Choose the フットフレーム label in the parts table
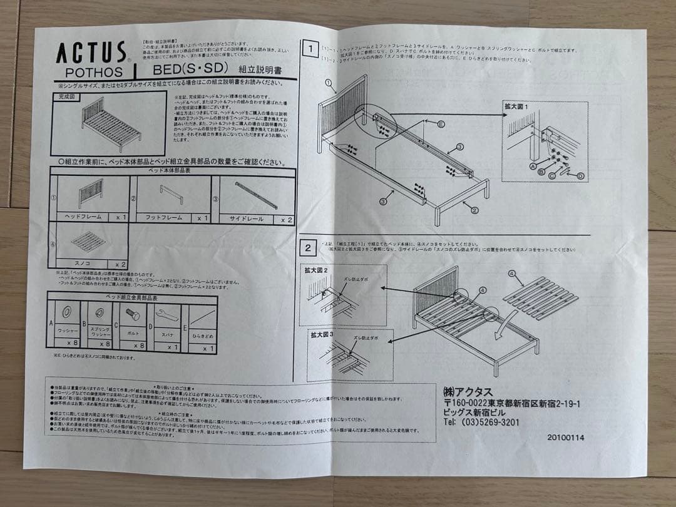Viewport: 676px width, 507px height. pos(163,218)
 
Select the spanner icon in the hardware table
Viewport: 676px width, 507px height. pos(166,314)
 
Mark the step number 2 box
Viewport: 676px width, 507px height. pos(308,247)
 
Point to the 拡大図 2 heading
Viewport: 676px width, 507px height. pos(317,270)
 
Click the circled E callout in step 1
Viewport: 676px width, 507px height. pos(441,125)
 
